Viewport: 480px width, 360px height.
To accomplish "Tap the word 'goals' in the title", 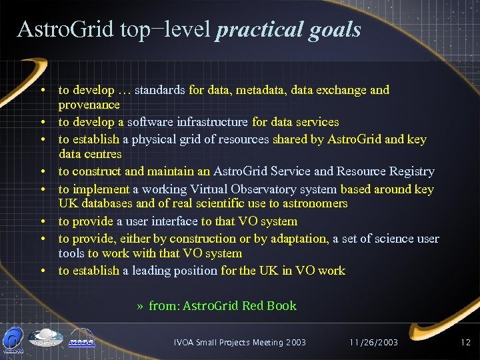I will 336,29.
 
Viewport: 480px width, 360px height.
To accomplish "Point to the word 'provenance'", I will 89,105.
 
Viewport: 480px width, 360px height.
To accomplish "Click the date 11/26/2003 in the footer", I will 373,342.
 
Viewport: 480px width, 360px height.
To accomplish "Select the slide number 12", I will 465,342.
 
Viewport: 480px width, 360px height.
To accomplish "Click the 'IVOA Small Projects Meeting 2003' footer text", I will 239,342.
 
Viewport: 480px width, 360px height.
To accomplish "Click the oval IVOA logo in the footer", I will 45,339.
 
